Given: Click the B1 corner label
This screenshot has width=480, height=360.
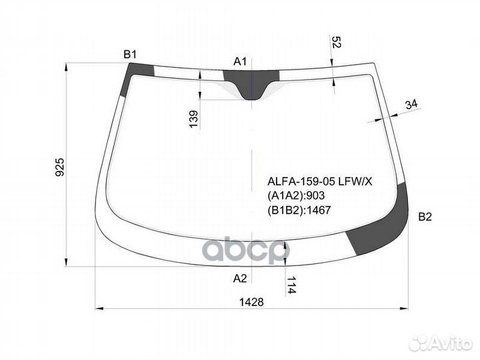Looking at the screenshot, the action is pos(130,55).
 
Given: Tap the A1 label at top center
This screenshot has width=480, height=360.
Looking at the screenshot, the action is pos(240,62).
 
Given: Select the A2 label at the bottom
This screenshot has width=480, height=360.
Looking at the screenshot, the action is pos(240,278).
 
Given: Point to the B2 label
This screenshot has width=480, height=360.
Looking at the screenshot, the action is pos(425,217).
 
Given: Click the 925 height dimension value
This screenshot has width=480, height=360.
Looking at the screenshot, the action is pos(60,167).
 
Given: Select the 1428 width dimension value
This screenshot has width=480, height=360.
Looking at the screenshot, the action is pos(251,302).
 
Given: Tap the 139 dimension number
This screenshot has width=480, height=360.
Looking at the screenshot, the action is pos(193,119).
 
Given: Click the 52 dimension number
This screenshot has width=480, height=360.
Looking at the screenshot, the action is pos(336,42).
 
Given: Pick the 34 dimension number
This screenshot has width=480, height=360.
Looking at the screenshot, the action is pos(411,105).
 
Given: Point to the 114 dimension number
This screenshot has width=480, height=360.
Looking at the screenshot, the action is pos(291,285).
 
